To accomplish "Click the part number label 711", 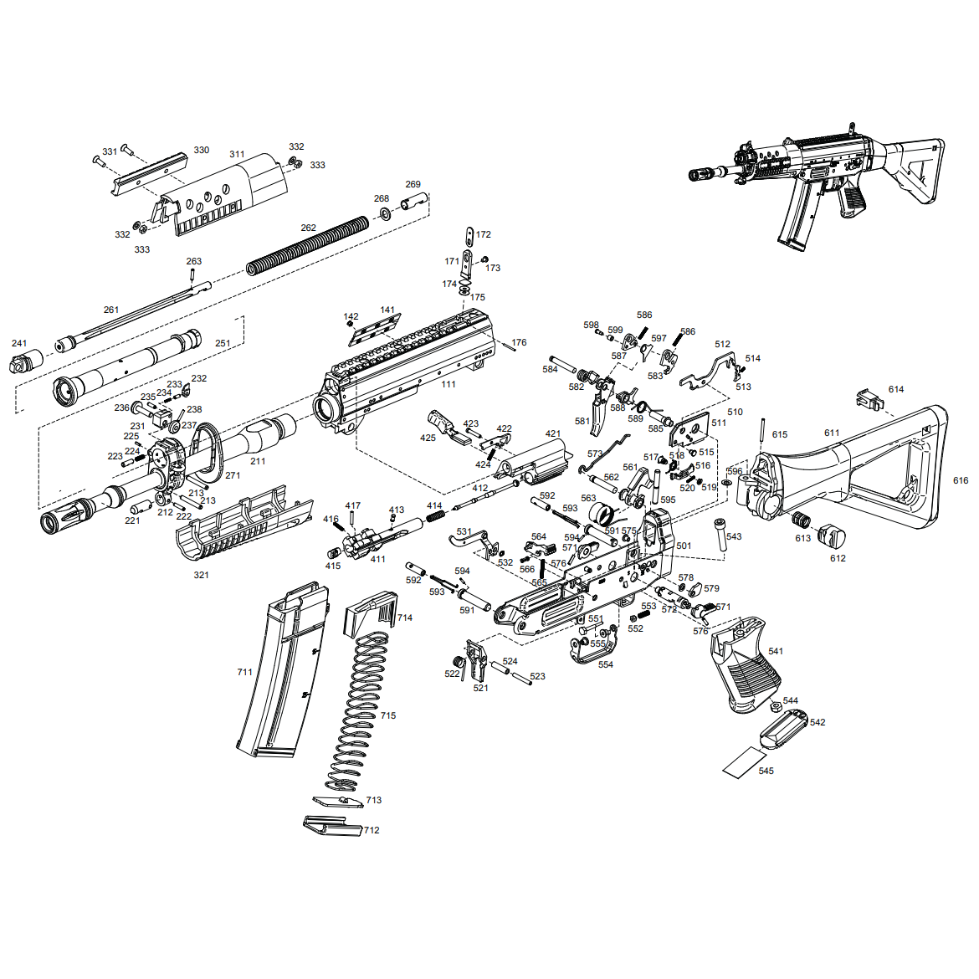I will (244, 672).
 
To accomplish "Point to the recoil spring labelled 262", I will (307, 246).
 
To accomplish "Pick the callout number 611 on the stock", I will (831, 433).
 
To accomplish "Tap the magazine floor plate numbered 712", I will (331, 826).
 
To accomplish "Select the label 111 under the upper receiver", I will (448, 384).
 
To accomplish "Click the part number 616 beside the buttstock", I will (961, 480).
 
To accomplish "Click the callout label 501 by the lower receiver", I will (684, 546).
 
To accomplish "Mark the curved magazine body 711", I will (283, 669).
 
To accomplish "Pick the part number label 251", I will (223, 343).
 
